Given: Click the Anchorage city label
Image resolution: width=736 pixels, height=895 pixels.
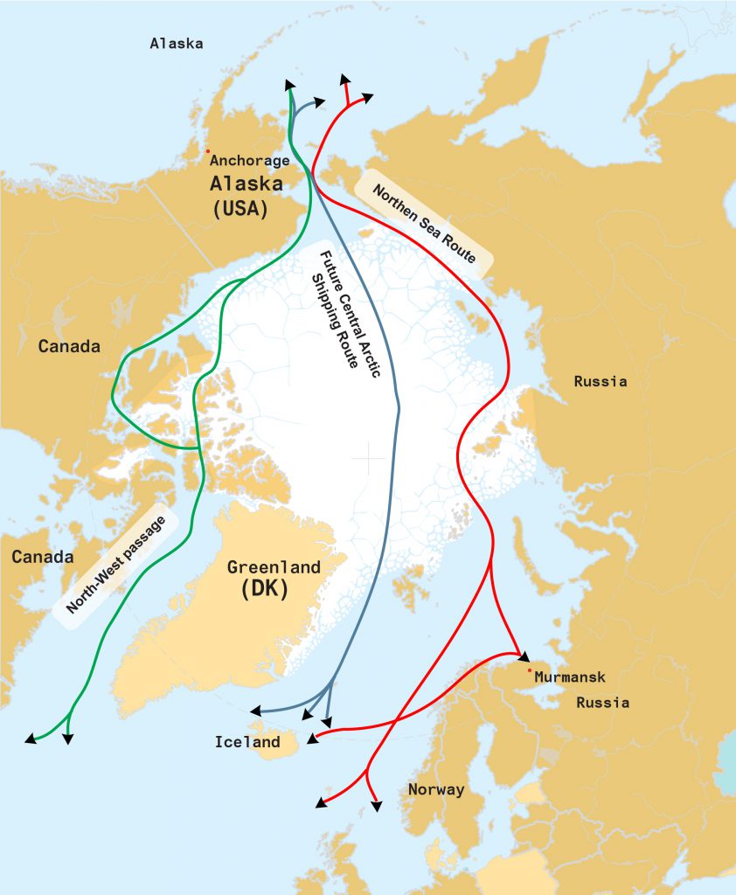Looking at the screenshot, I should click(x=250, y=161).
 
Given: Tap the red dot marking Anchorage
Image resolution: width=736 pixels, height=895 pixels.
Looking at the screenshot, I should click(x=207, y=150).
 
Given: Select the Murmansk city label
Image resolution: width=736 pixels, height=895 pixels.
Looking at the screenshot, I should click(x=569, y=677).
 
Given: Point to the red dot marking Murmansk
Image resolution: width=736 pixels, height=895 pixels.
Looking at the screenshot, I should click(x=529, y=670).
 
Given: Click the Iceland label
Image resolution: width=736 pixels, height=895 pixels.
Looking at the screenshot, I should click(x=247, y=743).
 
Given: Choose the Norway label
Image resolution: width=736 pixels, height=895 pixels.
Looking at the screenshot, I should click(x=436, y=790).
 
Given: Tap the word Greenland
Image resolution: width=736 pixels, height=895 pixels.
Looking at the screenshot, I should click(x=274, y=567).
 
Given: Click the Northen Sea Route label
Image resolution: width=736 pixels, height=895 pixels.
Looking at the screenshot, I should click(x=424, y=224).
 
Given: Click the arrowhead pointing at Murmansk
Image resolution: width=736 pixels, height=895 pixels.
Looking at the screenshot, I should click(x=523, y=656).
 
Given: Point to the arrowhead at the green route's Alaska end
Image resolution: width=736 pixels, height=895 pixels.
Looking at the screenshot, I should click(x=289, y=84).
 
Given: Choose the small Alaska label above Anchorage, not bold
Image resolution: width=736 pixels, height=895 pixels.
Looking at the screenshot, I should click(x=176, y=43).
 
